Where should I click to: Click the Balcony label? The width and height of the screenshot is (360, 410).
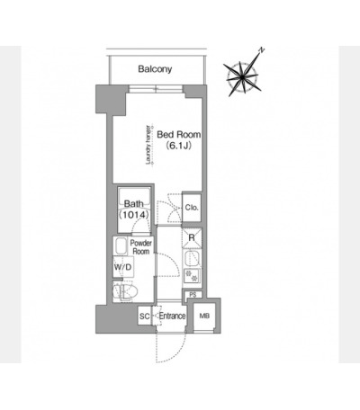click(x=155, y=69)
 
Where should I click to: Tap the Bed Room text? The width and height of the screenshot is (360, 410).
click(x=179, y=135)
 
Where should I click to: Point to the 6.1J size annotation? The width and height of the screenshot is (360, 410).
click(x=179, y=146)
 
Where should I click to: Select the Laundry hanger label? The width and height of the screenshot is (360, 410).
click(x=148, y=145)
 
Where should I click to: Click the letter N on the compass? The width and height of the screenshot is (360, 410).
click(x=262, y=50)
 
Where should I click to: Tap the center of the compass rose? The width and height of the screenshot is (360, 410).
click(x=242, y=77)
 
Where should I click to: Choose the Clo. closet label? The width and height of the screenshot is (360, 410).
click(x=192, y=208)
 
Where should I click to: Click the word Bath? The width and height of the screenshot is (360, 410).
click(x=134, y=204)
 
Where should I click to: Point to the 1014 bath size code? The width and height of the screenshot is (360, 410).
click(x=134, y=215)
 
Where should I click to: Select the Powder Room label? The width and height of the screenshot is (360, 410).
click(x=141, y=247)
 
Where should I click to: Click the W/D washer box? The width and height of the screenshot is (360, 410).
click(x=123, y=267)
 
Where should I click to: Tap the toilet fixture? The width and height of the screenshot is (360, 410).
click(x=125, y=291)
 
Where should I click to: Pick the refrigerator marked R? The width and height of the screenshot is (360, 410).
click(x=192, y=238)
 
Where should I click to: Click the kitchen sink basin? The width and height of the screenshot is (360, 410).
click(x=191, y=258)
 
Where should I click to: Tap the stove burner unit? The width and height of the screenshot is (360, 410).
click(x=192, y=275)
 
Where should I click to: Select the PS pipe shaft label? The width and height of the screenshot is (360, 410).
click(x=193, y=295)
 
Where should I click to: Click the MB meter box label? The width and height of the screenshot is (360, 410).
click(x=204, y=316)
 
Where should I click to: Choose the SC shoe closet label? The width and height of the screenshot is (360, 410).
click(x=145, y=316)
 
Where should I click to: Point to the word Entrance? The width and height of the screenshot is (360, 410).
click(x=172, y=316)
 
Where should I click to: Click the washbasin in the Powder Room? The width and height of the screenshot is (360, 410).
click(x=121, y=245)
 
